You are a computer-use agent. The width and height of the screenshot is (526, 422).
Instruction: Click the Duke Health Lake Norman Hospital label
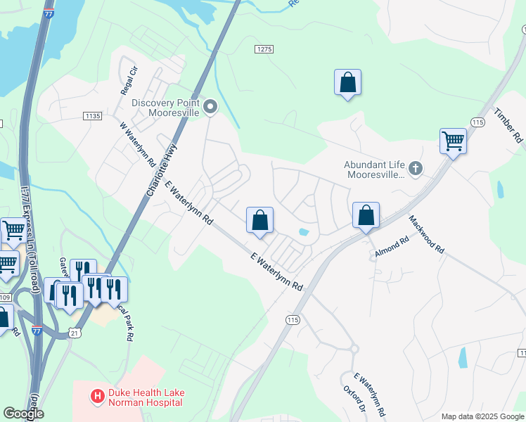click(x=145, y=397)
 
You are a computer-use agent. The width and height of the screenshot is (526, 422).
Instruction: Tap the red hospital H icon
click(x=98, y=397)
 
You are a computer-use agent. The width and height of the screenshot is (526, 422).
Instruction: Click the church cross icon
click(x=416, y=169)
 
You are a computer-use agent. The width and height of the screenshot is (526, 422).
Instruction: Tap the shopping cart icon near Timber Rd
click(x=453, y=141)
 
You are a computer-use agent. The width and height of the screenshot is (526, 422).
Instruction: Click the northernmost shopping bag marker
click(x=347, y=82)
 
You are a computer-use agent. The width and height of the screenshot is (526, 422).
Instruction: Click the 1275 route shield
click(x=263, y=48)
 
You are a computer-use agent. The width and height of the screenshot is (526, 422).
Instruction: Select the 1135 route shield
click(x=92, y=116)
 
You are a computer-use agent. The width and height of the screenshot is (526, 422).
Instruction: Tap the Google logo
click(x=23, y=414)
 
